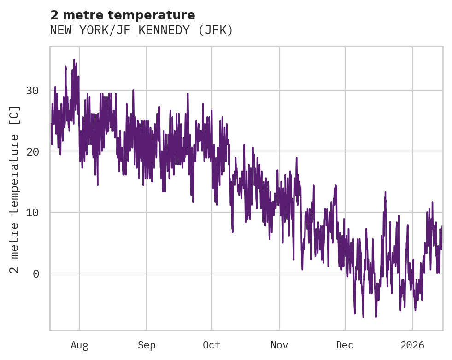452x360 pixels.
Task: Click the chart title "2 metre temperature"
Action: coord(123,15)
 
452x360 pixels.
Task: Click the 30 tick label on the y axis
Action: coord(32,90)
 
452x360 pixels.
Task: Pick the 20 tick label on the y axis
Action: coord(32,151)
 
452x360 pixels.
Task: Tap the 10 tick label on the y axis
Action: coord(32,212)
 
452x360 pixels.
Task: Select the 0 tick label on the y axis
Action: coord(35,273)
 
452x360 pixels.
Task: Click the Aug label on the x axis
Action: coord(79,345)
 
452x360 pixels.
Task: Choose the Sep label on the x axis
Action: coord(147,345)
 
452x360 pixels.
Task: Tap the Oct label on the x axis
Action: coord(212,345)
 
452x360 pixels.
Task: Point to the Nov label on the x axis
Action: coord(279,345)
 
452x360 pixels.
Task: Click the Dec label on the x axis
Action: coord(345,345)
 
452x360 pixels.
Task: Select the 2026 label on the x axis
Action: coord(412,345)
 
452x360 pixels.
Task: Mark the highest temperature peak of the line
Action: coord(74,59)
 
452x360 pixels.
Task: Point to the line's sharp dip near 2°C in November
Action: coord(294,260)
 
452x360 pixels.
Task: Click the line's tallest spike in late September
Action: coord(188,93)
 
